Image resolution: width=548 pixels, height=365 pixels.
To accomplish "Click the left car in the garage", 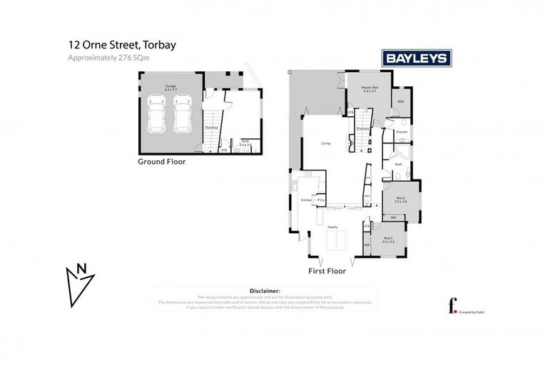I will (x=157, y=115).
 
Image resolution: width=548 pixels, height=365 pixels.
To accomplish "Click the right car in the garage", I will (x=183, y=115).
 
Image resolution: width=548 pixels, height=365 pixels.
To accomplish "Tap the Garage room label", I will (x=170, y=88).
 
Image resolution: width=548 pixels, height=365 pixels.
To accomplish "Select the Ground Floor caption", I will (x=161, y=162).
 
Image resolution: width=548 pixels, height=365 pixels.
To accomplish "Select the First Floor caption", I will (x=327, y=271).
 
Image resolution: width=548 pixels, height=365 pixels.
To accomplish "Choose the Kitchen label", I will (x=306, y=200).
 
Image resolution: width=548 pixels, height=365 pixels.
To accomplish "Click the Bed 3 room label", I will (x=388, y=239).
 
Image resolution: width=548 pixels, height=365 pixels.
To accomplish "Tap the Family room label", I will (x=332, y=227).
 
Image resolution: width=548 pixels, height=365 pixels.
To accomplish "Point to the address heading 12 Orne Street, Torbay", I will (x=122, y=45).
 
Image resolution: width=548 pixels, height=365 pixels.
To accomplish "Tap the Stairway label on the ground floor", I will (x=211, y=128).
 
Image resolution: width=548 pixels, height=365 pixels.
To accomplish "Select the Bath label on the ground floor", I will (x=245, y=142).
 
